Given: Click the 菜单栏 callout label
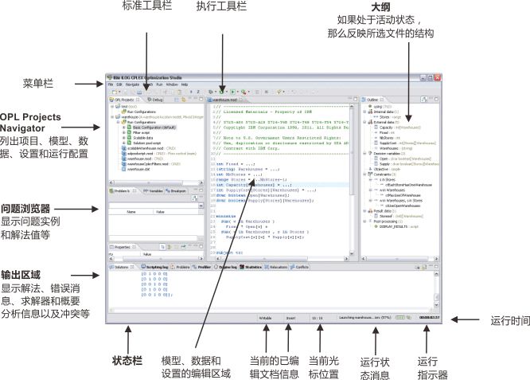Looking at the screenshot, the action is click(40, 83).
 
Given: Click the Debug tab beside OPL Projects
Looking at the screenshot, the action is click(158, 100).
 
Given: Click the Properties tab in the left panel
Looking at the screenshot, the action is click(123, 248).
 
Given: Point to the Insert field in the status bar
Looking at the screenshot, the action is click(290, 318).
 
